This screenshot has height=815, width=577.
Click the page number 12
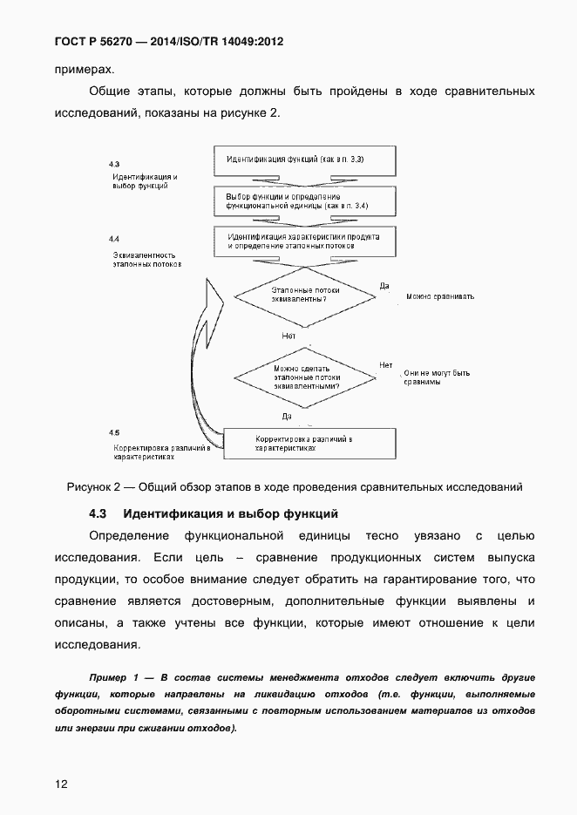[61, 784]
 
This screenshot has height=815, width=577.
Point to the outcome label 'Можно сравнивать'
[440, 296]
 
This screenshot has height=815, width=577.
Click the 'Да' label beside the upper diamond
[385, 285]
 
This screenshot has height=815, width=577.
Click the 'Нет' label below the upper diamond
[289, 335]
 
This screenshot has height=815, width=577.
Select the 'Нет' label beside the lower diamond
[385, 365]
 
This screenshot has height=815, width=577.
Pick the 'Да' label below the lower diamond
[287, 416]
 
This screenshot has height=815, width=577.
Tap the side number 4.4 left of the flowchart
[114, 238]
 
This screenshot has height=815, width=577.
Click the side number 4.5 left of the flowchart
[114, 432]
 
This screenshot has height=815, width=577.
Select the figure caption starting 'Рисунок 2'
[294, 486]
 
